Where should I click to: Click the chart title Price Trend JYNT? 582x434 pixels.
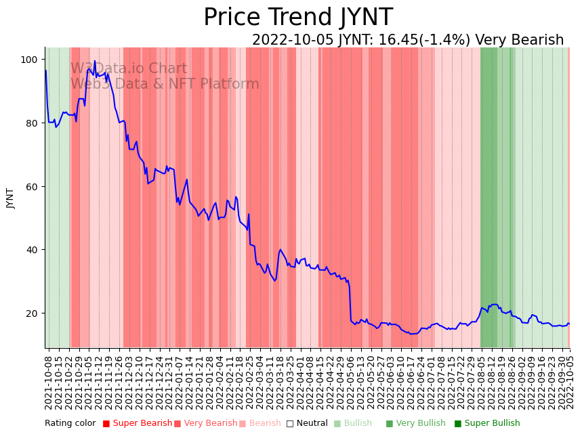click(x=297, y=18)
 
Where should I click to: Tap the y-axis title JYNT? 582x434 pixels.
click(x=10, y=198)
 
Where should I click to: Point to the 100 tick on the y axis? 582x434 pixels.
click(x=29, y=60)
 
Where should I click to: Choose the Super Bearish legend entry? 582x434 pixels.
click(x=137, y=423)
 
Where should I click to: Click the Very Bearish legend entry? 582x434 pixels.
click(x=205, y=423)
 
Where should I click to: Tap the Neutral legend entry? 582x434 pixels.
click(x=307, y=423)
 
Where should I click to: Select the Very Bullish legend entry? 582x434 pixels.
click(x=415, y=423)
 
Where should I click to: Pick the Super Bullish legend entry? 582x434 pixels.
click(x=486, y=423)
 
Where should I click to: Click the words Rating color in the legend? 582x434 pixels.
click(x=70, y=423)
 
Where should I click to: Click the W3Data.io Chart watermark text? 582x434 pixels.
click(x=129, y=68)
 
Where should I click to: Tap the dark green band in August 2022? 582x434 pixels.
click(x=488, y=203)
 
